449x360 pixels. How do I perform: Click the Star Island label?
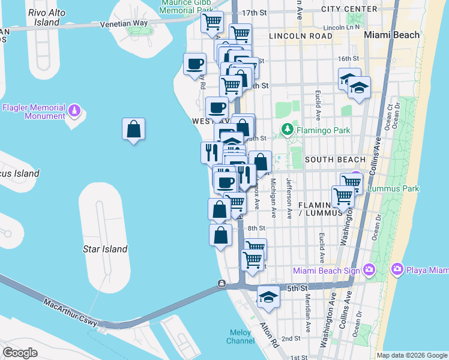[105, 249]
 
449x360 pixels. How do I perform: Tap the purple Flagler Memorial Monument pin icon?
[74, 111]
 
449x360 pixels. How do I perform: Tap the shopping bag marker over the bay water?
[133, 129]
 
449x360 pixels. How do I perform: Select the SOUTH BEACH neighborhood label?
[335, 160]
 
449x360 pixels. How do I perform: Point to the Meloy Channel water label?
[240, 337]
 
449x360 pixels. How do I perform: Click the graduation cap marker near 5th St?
[268, 296]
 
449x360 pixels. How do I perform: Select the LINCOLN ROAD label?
[301, 36]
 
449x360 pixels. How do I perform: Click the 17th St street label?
[254, 13]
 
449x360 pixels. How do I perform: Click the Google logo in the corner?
[20, 352]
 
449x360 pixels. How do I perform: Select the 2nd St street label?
[291, 338]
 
